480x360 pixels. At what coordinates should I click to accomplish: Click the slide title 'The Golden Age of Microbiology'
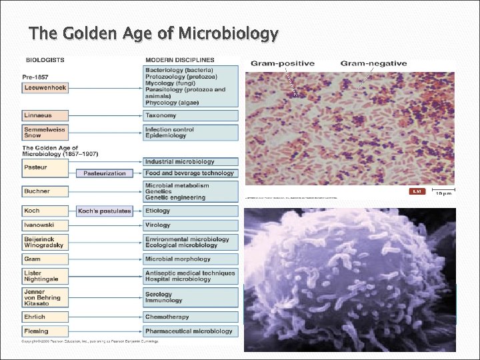coord(153,33)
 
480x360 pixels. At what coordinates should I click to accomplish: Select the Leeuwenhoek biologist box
coord(44,87)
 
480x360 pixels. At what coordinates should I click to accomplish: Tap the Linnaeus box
coord(44,116)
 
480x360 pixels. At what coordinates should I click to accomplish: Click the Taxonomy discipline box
coord(191,116)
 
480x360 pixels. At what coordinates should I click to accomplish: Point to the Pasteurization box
coord(105,173)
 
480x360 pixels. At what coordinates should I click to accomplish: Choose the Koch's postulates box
coord(105,211)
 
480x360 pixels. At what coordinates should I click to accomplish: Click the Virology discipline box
coord(191,225)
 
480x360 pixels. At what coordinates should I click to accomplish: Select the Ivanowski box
coord(44,225)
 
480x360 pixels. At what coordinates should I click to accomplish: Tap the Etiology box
coord(191,211)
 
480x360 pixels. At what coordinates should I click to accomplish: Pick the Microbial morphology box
coord(191,259)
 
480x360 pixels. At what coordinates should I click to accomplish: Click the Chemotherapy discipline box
coord(191,317)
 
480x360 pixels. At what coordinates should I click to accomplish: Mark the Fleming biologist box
coord(44,331)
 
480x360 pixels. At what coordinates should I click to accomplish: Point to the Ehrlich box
coord(44,317)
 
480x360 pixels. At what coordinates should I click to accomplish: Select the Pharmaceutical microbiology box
coord(191,331)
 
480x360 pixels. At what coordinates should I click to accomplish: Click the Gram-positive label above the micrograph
coord(282,64)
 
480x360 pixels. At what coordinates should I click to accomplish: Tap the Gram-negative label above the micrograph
coord(373,64)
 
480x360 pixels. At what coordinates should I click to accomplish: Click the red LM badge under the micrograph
coord(417,191)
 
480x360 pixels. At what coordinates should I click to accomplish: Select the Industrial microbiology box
coord(191,161)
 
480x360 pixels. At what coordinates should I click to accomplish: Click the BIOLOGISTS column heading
coord(45,59)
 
